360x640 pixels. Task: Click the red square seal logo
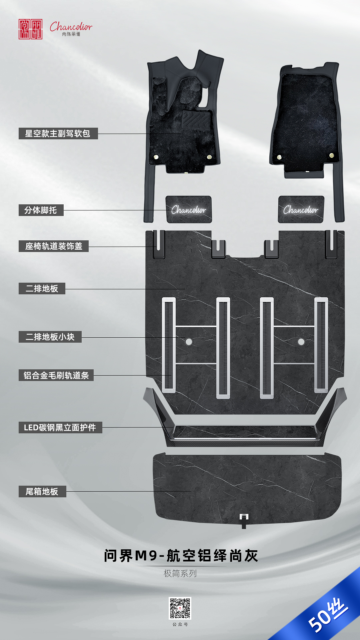30,29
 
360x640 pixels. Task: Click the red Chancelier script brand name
71,27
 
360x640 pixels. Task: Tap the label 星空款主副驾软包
58,134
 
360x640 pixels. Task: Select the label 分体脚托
41,210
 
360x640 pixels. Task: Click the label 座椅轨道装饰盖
54,246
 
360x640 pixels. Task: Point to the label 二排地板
42,289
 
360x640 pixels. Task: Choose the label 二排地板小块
50,337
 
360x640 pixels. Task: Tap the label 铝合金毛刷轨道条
56,375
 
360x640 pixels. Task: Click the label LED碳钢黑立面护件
60,428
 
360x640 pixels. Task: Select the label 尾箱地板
42,492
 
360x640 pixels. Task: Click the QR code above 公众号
180,608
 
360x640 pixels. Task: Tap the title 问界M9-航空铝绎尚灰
181,556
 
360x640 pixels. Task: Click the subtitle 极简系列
180,573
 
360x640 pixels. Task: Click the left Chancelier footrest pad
189,210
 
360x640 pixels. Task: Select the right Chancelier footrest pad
301,210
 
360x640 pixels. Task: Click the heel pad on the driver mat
196,120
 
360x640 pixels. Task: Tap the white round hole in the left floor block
189,342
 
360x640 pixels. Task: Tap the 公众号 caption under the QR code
180,624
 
